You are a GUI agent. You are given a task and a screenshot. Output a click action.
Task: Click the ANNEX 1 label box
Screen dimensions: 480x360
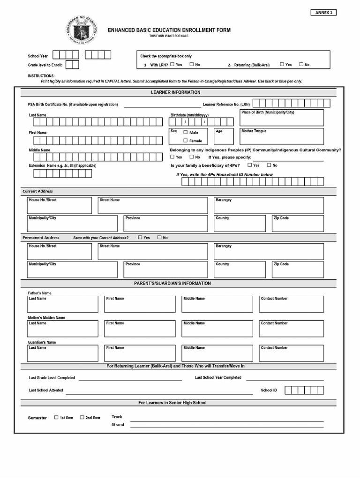point(323,13)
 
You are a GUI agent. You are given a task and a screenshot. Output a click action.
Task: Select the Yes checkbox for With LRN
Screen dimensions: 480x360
point(172,64)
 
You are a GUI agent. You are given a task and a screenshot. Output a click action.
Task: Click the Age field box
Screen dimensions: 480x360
point(223,136)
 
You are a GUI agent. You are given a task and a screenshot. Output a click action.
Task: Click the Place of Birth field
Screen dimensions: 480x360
point(281,118)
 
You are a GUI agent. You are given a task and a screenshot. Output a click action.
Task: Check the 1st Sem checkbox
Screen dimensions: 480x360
point(56,417)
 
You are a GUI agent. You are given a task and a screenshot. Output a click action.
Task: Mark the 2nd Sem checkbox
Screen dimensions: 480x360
point(82,417)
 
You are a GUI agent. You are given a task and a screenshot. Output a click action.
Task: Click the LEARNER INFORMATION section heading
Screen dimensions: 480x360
point(175,92)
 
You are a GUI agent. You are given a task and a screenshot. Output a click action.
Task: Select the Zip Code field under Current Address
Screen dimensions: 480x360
point(297,224)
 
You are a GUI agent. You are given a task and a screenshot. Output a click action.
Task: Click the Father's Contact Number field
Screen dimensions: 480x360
point(291,304)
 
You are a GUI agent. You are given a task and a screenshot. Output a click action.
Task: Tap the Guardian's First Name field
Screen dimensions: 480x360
point(140,353)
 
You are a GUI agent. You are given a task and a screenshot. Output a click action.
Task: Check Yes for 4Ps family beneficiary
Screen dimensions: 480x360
point(250,165)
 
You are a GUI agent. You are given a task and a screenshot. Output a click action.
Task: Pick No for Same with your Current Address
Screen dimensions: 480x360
point(159,237)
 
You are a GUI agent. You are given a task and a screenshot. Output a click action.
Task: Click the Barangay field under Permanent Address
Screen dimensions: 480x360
point(268,251)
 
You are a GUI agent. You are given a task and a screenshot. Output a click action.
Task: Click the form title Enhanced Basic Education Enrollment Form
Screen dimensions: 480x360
point(169,30)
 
